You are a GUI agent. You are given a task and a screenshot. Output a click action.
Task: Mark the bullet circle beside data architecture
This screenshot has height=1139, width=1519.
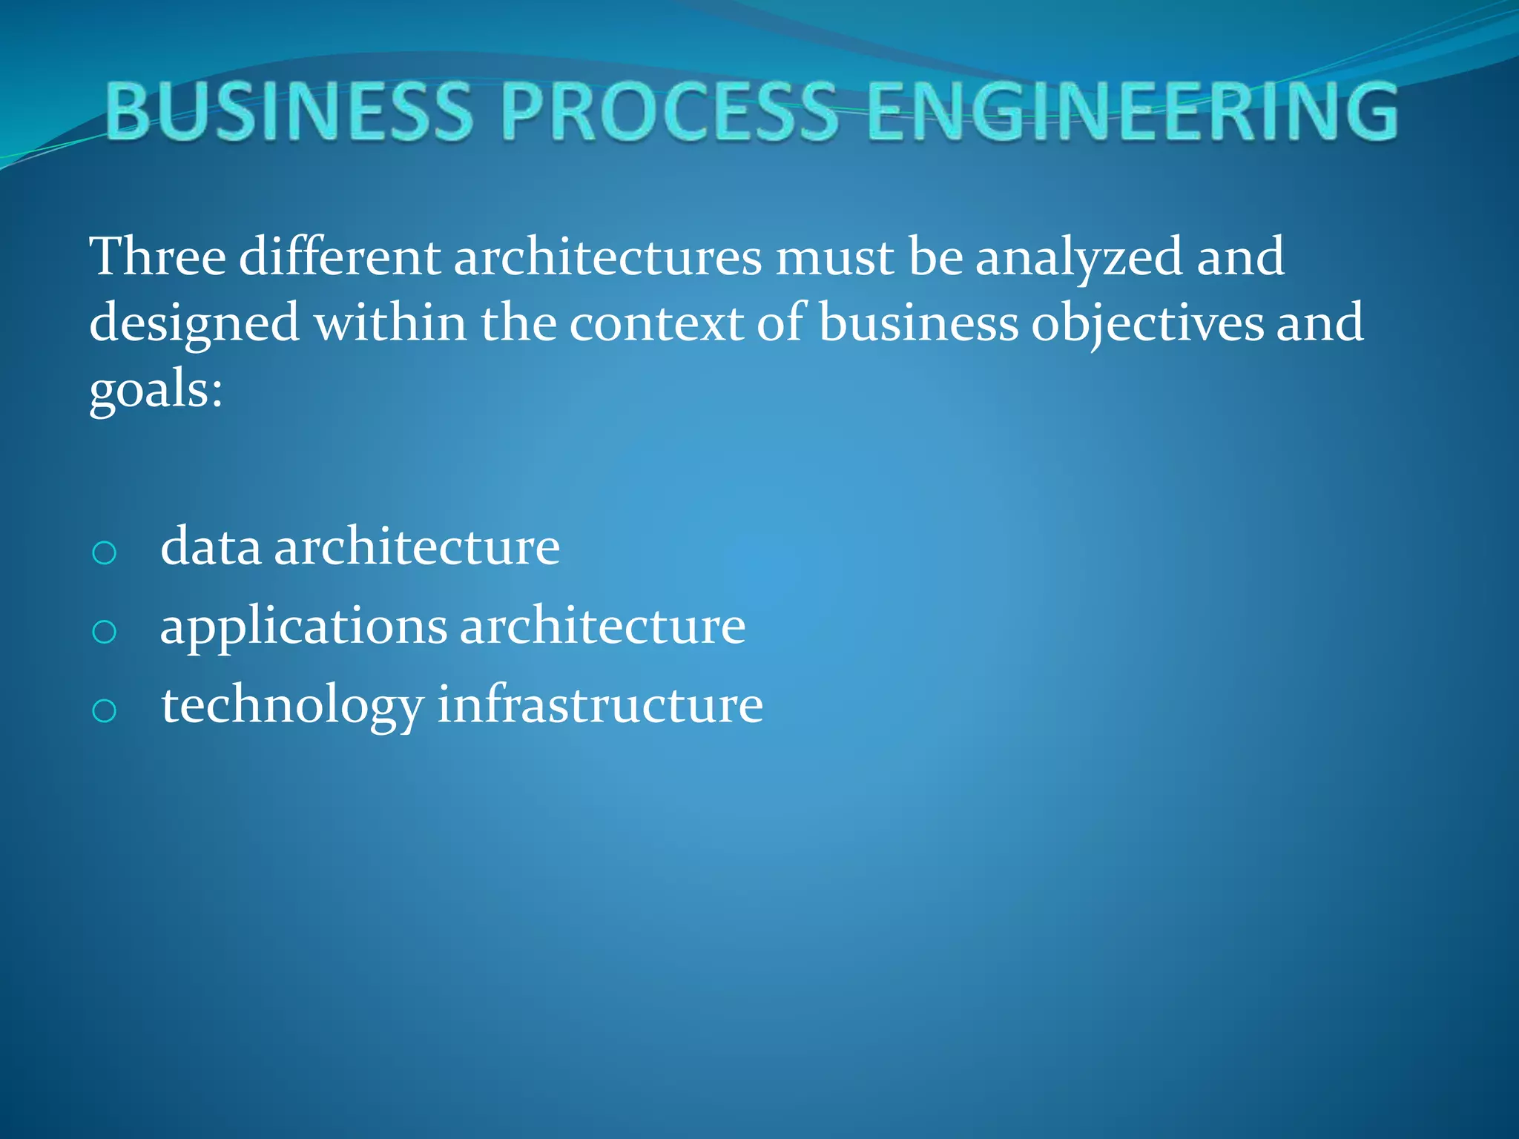105,552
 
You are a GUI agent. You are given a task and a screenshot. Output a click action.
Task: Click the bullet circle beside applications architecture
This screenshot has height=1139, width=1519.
105,632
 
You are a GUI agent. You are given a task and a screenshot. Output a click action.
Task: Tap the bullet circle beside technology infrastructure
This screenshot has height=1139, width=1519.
105,710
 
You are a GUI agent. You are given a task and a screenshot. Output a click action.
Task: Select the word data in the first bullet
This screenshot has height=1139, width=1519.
211,547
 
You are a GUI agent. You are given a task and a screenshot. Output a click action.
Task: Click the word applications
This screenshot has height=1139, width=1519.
303,627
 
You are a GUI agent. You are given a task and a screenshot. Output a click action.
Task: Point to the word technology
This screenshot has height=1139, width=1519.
292,706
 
